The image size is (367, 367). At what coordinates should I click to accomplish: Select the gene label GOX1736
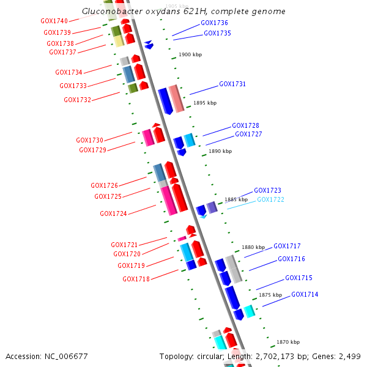[214, 23]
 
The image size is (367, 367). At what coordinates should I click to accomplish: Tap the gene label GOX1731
[232, 84]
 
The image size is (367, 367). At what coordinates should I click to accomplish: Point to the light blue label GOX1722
[270, 200]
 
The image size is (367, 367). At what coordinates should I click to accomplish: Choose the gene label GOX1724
[113, 214]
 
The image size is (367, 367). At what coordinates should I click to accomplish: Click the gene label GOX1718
[136, 280]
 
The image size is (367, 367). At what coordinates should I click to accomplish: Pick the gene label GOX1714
[305, 295]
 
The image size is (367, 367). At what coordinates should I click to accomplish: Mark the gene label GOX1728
[245, 126]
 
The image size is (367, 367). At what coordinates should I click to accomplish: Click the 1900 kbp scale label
[190, 55]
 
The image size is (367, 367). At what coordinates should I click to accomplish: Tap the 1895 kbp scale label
[205, 103]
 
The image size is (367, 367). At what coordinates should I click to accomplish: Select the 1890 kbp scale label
[220, 151]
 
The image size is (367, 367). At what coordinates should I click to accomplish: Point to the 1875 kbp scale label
[270, 295]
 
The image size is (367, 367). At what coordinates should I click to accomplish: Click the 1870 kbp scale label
[288, 343]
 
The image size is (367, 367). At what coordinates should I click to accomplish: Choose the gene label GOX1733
[73, 86]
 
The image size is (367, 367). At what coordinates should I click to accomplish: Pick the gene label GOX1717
[287, 247]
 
